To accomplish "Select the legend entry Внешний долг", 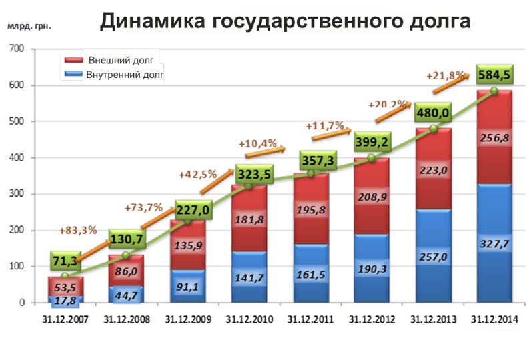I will [x=121, y=61].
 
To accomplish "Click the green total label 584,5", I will [x=494, y=73].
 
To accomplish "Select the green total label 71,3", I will [x=66, y=261].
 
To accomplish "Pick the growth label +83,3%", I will [x=78, y=231].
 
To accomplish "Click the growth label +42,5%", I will [x=197, y=175].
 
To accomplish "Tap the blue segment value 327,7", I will [x=494, y=244].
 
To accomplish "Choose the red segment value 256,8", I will [x=494, y=137].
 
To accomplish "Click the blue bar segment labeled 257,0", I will [x=433, y=257].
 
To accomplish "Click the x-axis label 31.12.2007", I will [x=65, y=319].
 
